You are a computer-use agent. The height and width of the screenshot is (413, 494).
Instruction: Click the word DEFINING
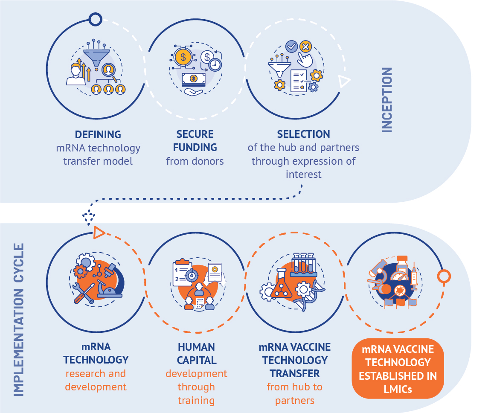pyautogui.click(x=98, y=134)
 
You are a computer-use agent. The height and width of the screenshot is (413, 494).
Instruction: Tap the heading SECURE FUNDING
pyautogui.click(x=195, y=141)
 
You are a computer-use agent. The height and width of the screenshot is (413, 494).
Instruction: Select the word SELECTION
pyautogui.click(x=303, y=134)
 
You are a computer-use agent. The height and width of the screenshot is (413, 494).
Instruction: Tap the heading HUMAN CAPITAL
pyautogui.click(x=196, y=354)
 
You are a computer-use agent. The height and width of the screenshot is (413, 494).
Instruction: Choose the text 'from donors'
pyautogui.click(x=195, y=161)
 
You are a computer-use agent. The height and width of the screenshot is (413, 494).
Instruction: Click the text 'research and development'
pyautogui.click(x=96, y=381)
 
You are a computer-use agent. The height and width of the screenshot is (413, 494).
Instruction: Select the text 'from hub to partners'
pyautogui.click(x=295, y=394)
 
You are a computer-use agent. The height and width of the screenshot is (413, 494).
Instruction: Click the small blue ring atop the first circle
pyautogui.click(x=96, y=19)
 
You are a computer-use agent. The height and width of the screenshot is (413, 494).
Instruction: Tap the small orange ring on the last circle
pyautogui.click(x=444, y=276)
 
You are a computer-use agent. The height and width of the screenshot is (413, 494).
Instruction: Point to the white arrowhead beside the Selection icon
pyautogui.click(x=343, y=81)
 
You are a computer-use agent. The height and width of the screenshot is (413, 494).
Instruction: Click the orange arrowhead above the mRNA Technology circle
pyautogui.click(x=99, y=233)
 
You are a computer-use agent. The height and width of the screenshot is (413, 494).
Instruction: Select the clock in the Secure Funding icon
pyautogui.click(x=215, y=64)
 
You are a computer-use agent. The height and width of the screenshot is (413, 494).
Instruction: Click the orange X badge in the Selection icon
pyautogui.click(x=305, y=47)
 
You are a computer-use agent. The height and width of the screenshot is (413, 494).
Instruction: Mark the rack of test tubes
pyautogui.click(x=304, y=265)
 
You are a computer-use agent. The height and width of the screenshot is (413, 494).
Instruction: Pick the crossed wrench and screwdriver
pyautogui.click(x=84, y=294)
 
